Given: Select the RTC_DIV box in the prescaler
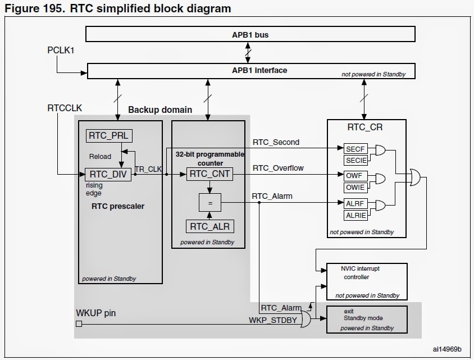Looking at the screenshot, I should (x=108, y=174).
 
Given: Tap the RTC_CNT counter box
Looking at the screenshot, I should (x=209, y=174).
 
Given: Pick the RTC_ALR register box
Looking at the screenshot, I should (x=209, y=226).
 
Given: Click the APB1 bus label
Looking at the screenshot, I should (x=250, y=35).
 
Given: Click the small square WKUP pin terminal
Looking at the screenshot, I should (x=79, y=323).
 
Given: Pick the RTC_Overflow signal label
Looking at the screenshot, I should (x=278, y=168).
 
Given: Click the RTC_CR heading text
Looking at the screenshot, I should (x=366, y=127).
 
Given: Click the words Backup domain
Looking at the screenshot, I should (x=160, y=109).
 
